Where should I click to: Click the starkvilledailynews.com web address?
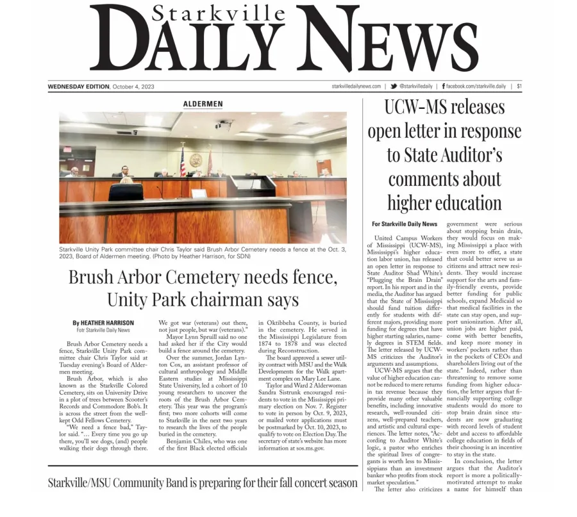coord(356,86)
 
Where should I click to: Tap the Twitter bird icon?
coord(393,86)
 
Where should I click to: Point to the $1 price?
coord(519,86)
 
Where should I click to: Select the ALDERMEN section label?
coord(203,104)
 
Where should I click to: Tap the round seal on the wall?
coord(196,160)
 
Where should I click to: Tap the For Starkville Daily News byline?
coord(405,224)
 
